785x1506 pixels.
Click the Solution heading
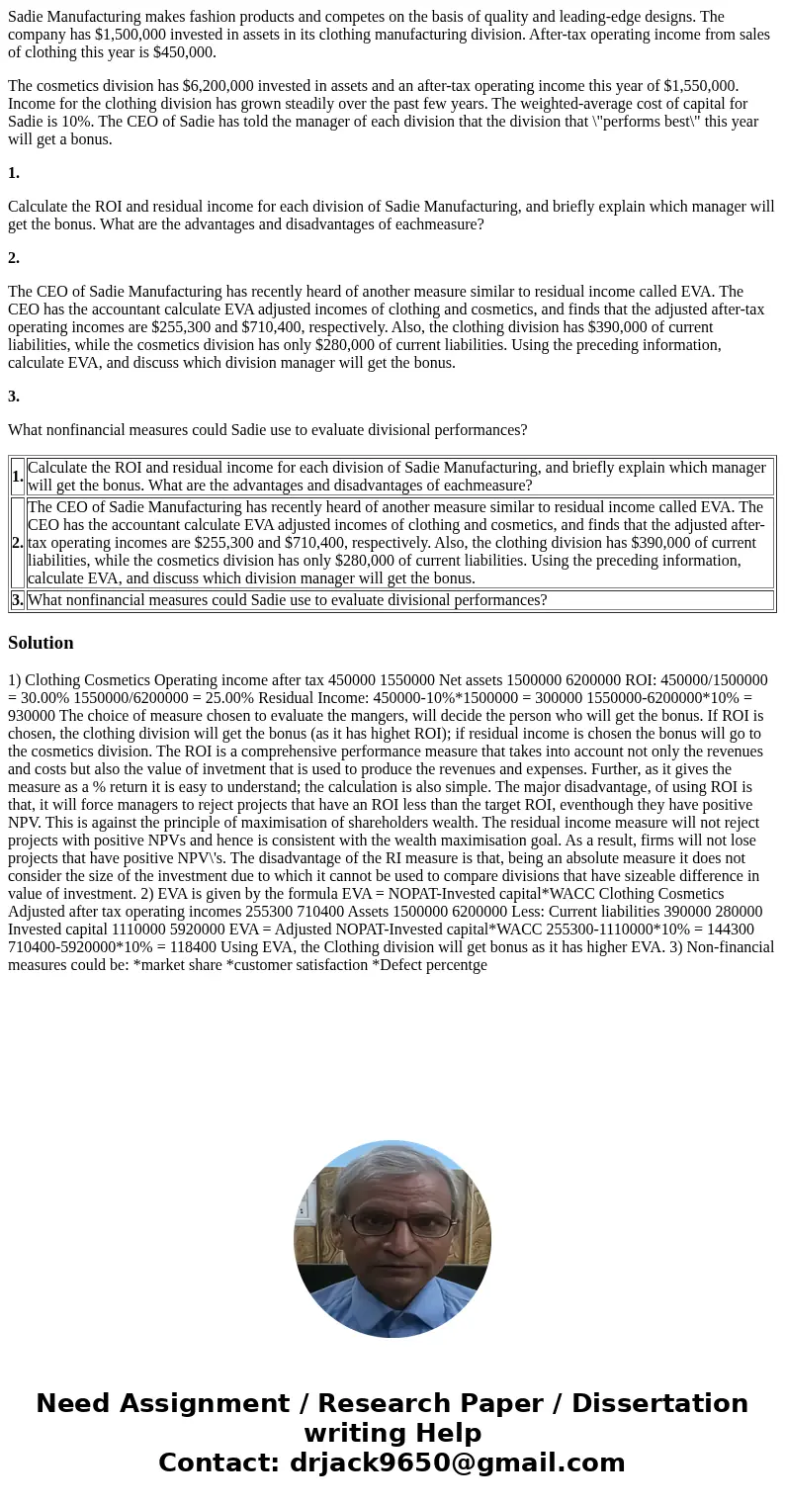[x=41, y=643]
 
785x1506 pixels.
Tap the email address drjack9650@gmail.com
[x=457, y=1463]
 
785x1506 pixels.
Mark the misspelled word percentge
[x=454, y=965]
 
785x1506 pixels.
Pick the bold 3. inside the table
[x=18, y=600]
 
